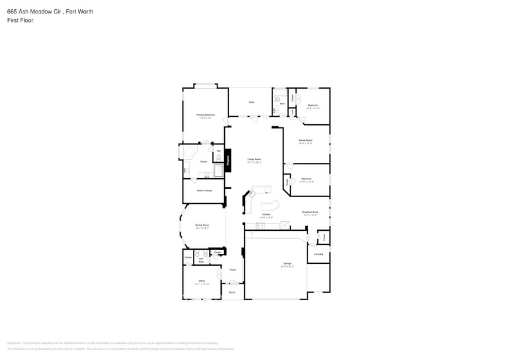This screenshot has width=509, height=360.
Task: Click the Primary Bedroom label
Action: click(205, 114)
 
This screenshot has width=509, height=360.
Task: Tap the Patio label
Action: click(251, 102)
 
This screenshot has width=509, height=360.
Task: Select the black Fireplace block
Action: click(228, 160)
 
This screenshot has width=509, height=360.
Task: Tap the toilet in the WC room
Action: click(219, 157)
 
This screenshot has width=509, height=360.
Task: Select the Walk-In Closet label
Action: click(204, 190)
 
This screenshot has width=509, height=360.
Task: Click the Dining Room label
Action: click(202, 225)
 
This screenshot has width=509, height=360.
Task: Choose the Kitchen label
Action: click(266, 215)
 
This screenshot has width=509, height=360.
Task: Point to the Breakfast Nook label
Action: click(309, 212)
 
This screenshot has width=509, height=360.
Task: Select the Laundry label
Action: click(318, 253)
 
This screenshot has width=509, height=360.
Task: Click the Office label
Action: click(202, 281)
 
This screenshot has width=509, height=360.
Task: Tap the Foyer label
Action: click(233, 269)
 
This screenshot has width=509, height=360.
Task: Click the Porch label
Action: click(232, 292)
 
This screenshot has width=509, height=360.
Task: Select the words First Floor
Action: click(20, 20)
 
